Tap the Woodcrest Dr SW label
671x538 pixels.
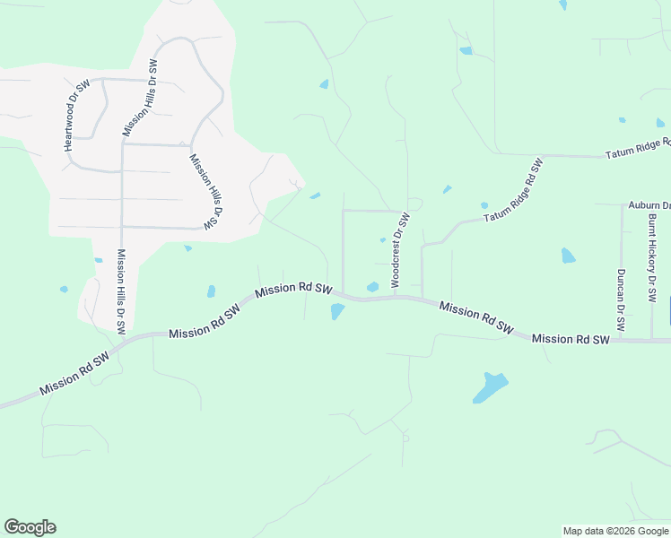click(x=399, y=250)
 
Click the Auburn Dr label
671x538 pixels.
click(x=649, y=205)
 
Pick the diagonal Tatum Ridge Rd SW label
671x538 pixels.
click(x=514, y=191)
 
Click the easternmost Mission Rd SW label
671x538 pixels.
click(x=571, y=339)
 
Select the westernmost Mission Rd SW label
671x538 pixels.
click(x=74, y=372)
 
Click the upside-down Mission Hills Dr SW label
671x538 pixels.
click(x=205, y=190)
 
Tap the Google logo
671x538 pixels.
click(x=30, y=527)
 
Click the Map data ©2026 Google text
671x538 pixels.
click(x=615, y=531)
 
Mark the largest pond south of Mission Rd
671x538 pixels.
click(x=490, y=386)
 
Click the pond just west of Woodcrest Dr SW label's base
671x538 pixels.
click(x=372, y=287)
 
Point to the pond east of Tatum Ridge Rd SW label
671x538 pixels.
click(x=567, y=256)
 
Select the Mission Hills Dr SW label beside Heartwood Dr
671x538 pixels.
click(x=139, y=99)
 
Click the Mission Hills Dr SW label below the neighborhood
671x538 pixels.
click(x=120, y=291)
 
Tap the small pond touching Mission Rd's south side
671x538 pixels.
click(x=337, y=311)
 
